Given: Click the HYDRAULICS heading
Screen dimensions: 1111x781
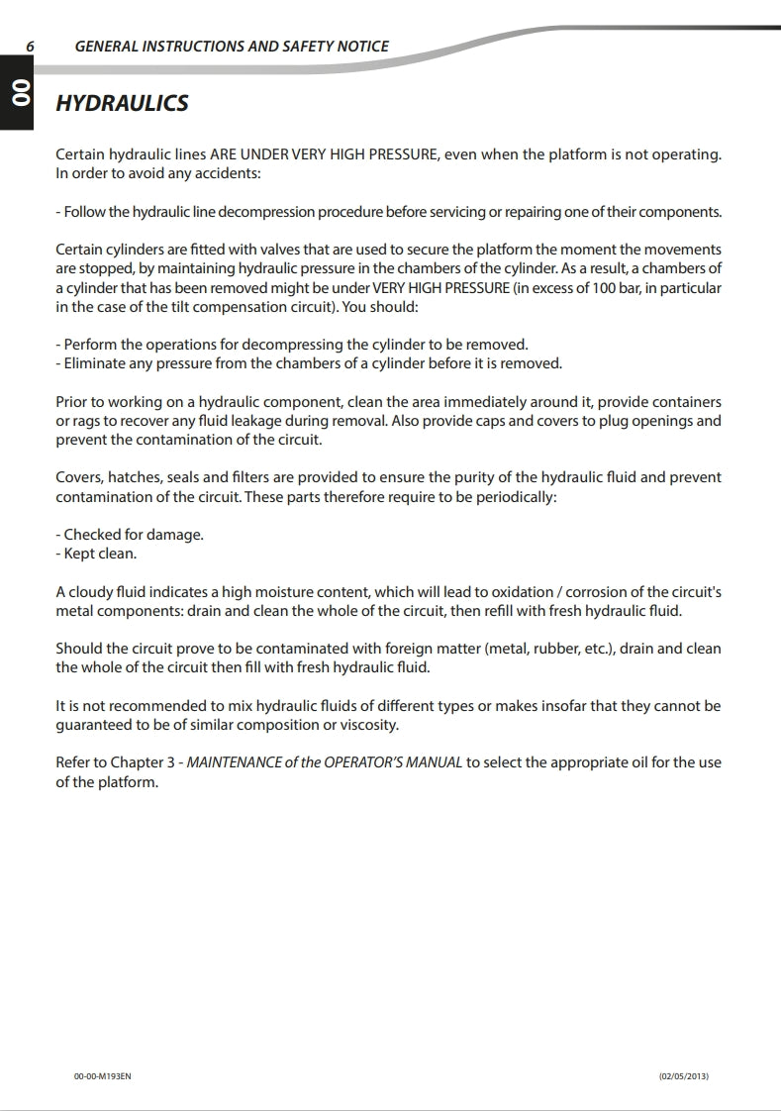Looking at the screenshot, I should coord(122,103).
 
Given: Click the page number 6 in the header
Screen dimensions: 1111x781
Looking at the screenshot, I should coord(31,47).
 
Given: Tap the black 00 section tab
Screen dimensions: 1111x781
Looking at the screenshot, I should coord(17,95).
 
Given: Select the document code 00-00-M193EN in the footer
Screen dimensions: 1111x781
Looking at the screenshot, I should coord(102,1076).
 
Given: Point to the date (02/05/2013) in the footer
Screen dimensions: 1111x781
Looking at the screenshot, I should coord(684,1076).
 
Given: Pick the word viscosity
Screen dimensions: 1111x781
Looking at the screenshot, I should coord(364,725).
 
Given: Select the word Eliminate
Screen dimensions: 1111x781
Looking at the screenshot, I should coord(97,363).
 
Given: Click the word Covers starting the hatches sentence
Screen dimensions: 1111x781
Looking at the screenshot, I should coord(79,477).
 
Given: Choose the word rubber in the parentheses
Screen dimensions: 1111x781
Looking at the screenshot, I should coord(557,649).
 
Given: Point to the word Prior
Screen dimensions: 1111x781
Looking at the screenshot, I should coord(73,402).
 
